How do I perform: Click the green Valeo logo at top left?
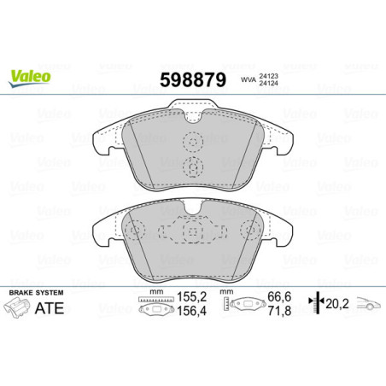(x=30, y=76)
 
